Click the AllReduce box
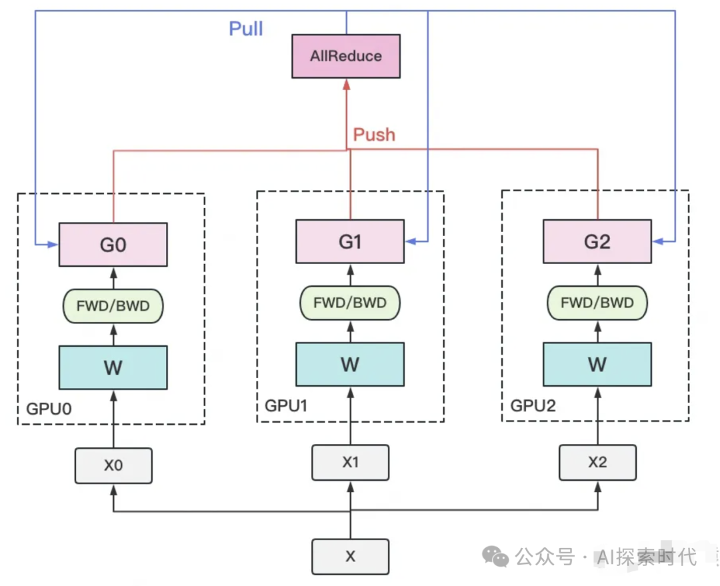pyautogui.click(x=346, y=56)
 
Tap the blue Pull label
pyautogui.click(x=246, y=29)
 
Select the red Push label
pyautogui.click(x=374, y=135)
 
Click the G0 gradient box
pyautogui.click(x=113, y=245)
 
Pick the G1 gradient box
pyautogui.click(x=350, y=241)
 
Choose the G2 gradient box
pyautogui.click(x=597, y=241)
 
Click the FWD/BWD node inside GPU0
pyautogui.click(x=113, y=307)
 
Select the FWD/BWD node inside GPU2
pyautogui.click(x=597, y=303)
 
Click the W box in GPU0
pyautogui.click(x=113, y=367)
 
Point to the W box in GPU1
pyautogui.click(x=350, y=364)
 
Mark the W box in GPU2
pyautogui.click(x=597, y=364)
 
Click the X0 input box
pyautogui.click(x=113, y=465)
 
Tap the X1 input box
pyautogui.click(x=350, y=462)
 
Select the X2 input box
pyautogui.click(x=597, y=462)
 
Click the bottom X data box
pyautogui.click(x=350, y=557)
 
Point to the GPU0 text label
pyautogui.click(x=48, y=408)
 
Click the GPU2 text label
pyautogui.click(x=533, y=405)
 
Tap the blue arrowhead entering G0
pyautogui.click(x=54, y=245)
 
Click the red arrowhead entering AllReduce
pyautogui.click(x=346, y=84)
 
